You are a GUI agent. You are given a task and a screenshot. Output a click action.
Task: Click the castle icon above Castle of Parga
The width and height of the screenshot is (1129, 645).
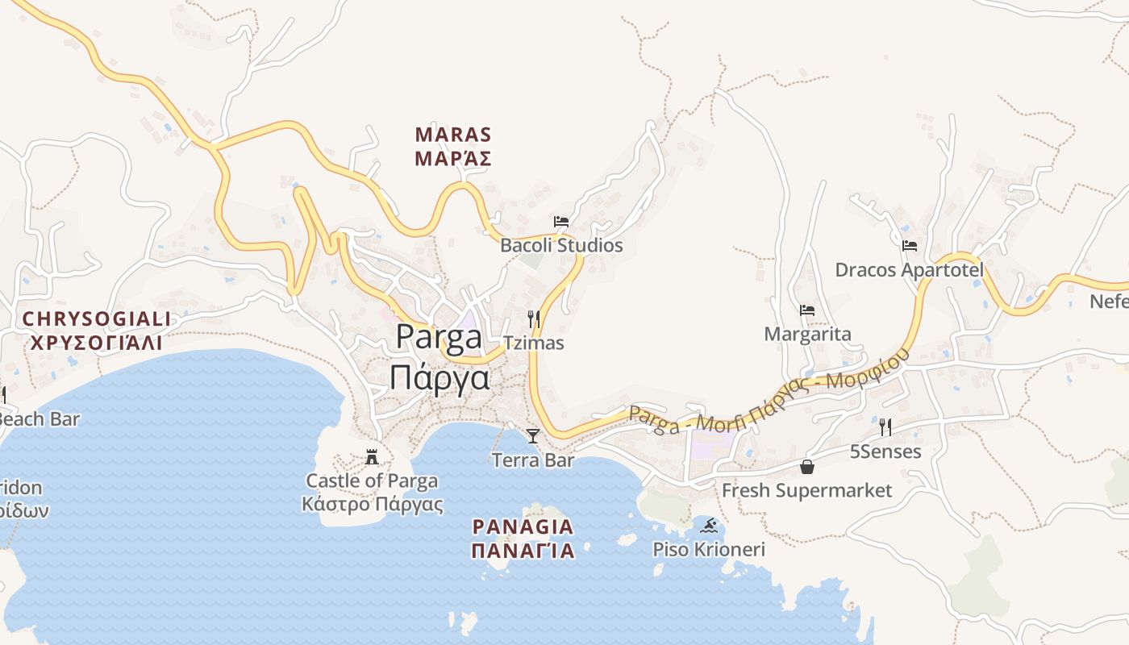(372, 457)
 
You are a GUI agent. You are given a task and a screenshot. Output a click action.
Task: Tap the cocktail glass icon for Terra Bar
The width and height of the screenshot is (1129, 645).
(532, 436)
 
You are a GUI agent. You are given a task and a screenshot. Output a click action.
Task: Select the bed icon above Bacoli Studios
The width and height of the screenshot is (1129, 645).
(561, 221)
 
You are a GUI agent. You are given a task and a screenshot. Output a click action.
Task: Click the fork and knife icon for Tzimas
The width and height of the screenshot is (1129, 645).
(533, 318)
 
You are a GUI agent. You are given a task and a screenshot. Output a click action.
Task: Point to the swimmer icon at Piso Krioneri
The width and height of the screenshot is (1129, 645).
(709, 526)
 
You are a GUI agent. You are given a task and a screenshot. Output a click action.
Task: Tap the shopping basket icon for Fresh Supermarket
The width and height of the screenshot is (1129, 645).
(806, 467)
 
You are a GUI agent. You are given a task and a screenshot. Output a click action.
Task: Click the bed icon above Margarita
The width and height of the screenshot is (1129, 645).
(806, 310)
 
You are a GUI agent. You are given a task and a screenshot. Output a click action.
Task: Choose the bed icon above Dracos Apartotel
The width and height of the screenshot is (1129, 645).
(910, 246)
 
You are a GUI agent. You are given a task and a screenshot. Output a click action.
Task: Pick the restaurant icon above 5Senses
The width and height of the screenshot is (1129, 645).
(885, 427)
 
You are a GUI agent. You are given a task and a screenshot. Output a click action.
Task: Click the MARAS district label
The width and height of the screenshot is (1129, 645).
(452, 135)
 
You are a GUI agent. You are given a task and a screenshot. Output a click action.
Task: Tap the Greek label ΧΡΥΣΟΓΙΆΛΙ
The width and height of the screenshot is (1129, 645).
(97, 343)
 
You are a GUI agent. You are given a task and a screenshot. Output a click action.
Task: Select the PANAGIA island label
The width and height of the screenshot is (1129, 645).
(523, 527)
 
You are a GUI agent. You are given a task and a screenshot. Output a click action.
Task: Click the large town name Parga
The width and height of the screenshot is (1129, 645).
(439, 338)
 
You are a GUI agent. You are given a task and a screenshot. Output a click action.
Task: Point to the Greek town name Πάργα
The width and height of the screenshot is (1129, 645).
(440, 377)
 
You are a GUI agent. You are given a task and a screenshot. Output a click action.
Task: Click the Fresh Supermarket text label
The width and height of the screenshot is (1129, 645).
(806, 490)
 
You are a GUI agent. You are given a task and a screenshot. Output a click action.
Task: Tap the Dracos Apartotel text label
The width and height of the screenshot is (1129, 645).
(909, 269)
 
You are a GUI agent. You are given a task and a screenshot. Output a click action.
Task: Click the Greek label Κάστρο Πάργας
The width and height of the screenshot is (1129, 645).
(372, 505)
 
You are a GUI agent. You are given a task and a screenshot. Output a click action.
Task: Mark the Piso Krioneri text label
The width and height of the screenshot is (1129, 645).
(708, 550)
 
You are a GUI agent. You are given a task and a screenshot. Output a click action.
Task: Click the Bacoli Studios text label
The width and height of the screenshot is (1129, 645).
(561, 245)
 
